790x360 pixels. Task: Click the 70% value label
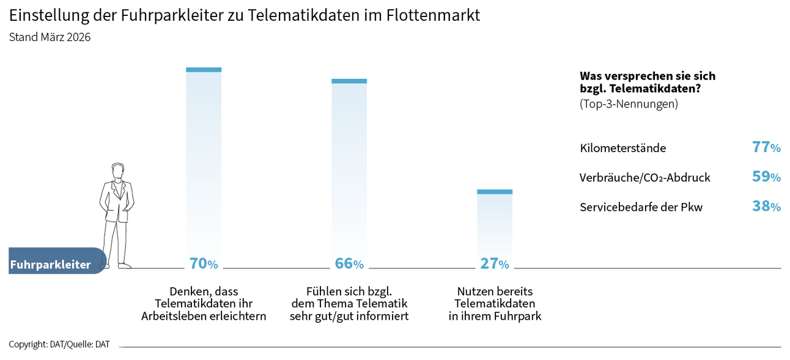coord(204,263)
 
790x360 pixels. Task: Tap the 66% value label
coord(349,263)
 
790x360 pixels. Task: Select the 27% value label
coord(495,263)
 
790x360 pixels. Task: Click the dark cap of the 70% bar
coord(204,70)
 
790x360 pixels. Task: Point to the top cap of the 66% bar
coord(349,81)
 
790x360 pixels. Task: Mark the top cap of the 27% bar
coord(495,192)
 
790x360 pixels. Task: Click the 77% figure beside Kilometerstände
coord(766,147)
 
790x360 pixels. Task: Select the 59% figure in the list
coord(766,177)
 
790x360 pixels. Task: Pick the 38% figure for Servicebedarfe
coord(766,207)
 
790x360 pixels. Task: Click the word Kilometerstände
coord(622,148)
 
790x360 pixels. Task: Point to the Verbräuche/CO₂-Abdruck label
coord(644,178)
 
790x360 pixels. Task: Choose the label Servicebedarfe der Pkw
coord(641,207)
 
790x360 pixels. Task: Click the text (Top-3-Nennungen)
coord(629,104)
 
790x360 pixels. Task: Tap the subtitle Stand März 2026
coord(50,37)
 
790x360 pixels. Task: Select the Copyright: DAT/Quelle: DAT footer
coord(59,344)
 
